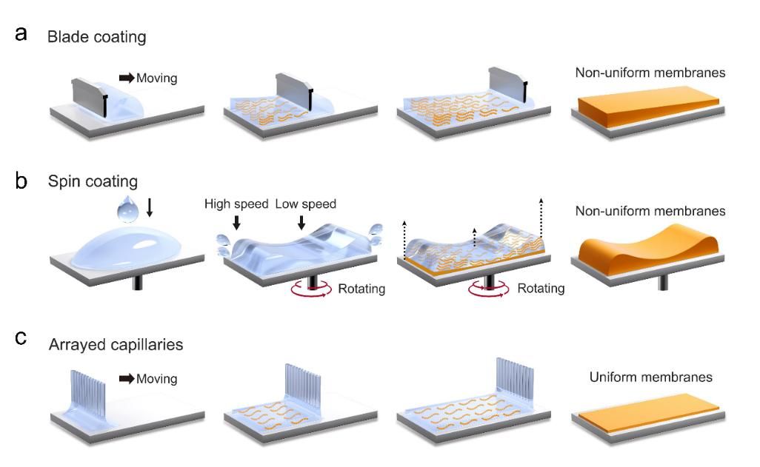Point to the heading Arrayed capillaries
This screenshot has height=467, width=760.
tap(116, 344)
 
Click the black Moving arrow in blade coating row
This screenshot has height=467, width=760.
tap(127, 77)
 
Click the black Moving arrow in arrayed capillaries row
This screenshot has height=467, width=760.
tap(127, 379)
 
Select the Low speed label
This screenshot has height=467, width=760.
tap(306, 204)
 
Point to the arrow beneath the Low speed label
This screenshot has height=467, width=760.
tap(301, 222)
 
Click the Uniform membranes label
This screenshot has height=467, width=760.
tap(650, 377)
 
